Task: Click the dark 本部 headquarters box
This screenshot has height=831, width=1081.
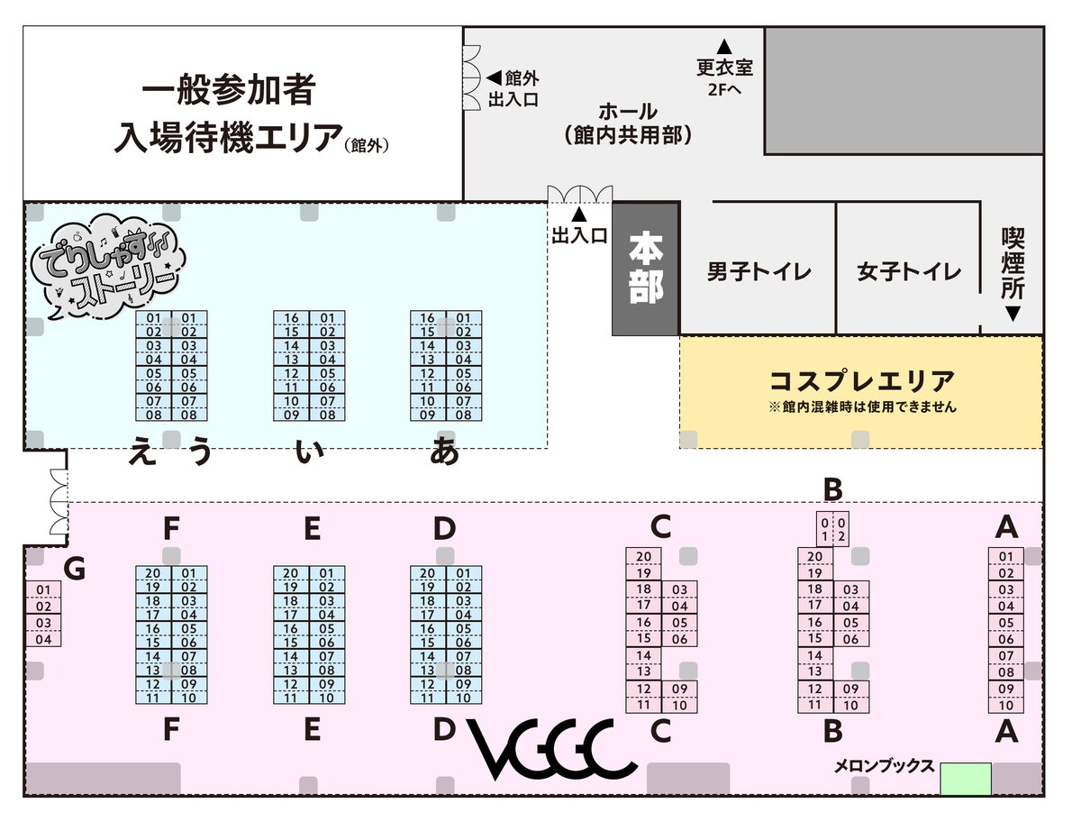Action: (645, 269)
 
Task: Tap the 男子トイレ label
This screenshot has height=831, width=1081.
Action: (759, 271)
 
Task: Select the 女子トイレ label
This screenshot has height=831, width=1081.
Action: (909, 271)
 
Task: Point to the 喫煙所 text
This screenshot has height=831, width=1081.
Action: (1013, 262)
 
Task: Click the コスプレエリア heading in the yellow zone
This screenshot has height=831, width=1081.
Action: (861, 379)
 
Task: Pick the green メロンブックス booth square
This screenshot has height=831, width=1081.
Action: (966, 779)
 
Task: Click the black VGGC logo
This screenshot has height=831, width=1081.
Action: (553, 750)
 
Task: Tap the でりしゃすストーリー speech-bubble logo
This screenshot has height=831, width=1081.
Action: (106, 266)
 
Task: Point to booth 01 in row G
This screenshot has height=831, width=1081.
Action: (44, 590)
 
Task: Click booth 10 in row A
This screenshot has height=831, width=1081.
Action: (1006, 705)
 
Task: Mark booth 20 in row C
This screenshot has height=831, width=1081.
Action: (643, 556)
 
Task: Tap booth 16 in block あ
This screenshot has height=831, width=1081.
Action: (428, 318)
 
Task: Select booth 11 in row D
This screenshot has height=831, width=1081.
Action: (428, 698)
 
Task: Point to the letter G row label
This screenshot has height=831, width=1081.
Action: (75, 569)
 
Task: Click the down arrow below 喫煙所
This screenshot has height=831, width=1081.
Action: (1013, 314)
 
